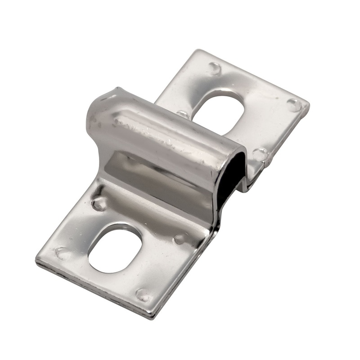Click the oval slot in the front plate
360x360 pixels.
coord(115,248)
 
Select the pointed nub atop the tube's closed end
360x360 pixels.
coord(117,90)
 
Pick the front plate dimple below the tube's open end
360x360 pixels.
coord(180,238)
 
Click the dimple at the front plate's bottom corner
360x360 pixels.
coord(143,295)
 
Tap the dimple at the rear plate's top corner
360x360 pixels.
coord(214,68)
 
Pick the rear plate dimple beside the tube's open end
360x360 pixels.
coord(260,154)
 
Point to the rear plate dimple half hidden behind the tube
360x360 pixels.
coord(182,114)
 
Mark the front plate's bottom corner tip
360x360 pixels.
coord(153,318)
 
